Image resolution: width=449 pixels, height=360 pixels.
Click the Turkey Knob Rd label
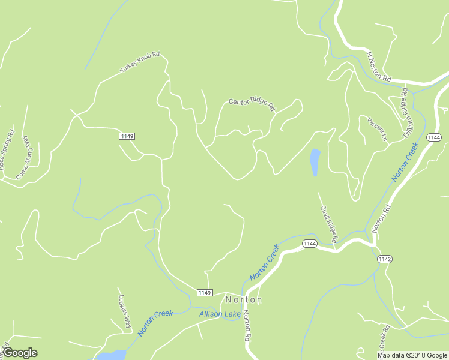pyautogui.click(x=139, y=63)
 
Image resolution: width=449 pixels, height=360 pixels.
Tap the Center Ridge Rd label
pyautogui.click(x=252, y=104)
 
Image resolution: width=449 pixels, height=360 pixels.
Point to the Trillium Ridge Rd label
pyautogui.click(x=409, y=113)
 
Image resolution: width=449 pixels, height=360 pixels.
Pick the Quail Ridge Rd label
pyautogui.click(x=329, y=224)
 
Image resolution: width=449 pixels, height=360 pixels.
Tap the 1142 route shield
pyautogui.click(x=385, y=259)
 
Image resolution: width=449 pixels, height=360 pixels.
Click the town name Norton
pyautogui.click(x=243, y=299)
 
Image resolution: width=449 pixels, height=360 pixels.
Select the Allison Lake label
pyautogui.click(x=220, y=314)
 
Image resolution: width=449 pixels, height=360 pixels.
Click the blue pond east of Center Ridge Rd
pyautogui.click(x=315, y=161)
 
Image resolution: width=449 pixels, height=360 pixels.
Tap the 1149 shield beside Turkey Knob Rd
pyautogui.click(x=127, y=136)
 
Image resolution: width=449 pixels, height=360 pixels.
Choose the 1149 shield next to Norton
pyautogui.click(x=205, y=292)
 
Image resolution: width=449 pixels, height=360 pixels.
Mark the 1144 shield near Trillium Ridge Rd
pyautogui.click(x=434, y=137)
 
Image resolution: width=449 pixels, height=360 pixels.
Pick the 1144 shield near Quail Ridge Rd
pyautogui.click(x=310, y=243)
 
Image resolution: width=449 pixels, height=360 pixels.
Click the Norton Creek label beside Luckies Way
pyautogui.click(x=155, y=323)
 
